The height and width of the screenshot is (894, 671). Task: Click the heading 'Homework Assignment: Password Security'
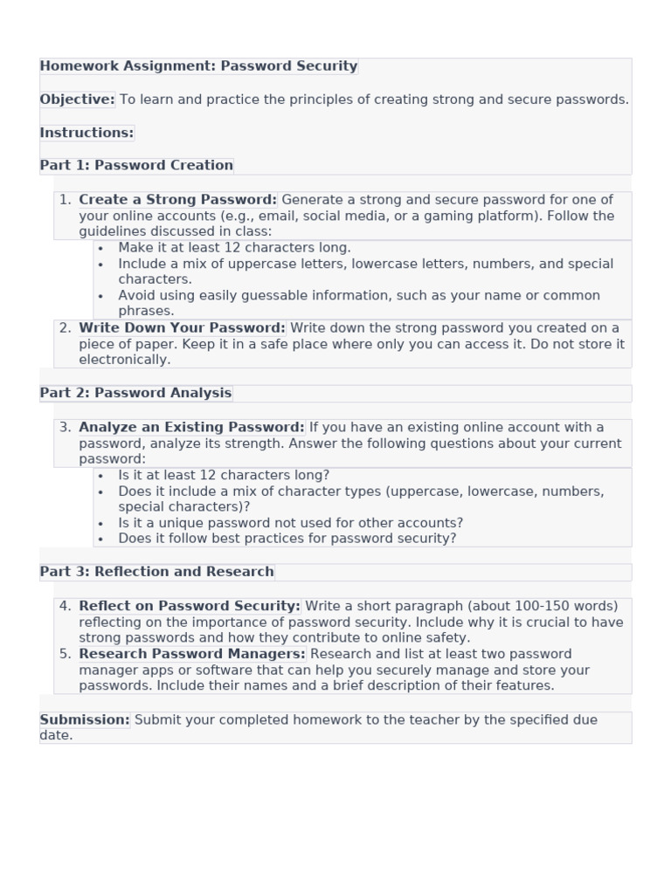coord(198,66)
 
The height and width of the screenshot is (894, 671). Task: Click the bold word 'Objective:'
coord(77,100)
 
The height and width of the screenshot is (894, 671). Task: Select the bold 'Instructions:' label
coord(86,133)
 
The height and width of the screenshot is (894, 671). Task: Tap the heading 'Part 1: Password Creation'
coord(136,165)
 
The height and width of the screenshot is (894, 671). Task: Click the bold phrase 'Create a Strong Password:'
coord(177,200)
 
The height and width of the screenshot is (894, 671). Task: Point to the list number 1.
coord(64,200)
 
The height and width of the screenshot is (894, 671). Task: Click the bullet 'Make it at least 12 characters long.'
coord(234,248)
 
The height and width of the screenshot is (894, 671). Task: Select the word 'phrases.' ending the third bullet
coord(146,311)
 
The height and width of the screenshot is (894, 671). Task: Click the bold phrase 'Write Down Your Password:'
coord(182,328)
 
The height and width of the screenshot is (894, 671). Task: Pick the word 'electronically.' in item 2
coord(124,360)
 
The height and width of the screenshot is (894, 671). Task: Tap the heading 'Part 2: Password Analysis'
coord(135,393)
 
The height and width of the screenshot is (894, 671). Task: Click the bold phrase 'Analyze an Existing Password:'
coord(191,428)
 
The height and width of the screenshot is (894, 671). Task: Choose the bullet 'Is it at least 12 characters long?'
coord(224,476)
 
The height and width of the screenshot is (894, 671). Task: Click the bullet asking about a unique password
coord(290,523)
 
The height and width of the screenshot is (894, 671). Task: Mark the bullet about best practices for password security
coord(287,539)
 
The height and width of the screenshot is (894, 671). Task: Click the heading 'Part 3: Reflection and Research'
coord(156,572)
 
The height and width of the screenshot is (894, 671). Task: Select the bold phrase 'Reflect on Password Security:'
coord(189,606)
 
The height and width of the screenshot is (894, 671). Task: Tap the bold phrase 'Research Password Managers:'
coord(191,654)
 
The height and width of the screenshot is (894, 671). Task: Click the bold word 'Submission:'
coord(85,720)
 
